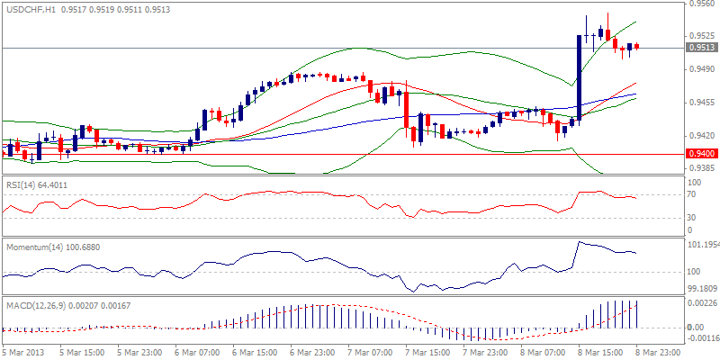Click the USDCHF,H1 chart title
29,8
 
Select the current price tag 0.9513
700,48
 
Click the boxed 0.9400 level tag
700,154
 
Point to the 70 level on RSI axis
691,193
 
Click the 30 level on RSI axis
691,217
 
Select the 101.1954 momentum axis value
702,245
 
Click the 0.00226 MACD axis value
702,302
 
